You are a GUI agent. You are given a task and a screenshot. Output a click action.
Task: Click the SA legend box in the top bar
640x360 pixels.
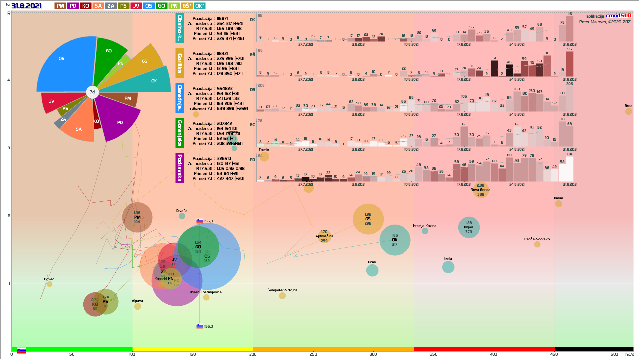[98, 6]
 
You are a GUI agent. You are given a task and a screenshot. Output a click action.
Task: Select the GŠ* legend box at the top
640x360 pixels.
[187, 6]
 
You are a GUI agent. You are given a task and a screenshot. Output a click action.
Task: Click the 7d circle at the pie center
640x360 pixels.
[92, 92]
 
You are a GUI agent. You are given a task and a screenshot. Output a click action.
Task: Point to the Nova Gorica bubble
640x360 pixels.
[481, 190]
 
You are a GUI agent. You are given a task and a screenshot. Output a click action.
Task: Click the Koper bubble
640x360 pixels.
[469, 227]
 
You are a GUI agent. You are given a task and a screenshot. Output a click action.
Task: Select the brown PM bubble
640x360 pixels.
[137, 217]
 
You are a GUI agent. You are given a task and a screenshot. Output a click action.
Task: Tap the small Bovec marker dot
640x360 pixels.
[50, 284]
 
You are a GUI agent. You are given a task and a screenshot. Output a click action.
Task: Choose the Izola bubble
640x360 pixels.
[448, 267]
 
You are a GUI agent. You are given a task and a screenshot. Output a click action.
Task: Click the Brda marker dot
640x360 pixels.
[628, 111]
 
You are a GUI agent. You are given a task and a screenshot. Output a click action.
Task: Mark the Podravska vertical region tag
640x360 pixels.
[180, 168]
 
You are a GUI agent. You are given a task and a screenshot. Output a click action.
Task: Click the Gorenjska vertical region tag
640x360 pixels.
[180, 133]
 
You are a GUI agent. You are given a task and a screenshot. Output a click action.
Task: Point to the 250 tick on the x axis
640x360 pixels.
[313, 354]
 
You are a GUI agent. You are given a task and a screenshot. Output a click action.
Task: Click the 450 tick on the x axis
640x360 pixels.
[554, 354]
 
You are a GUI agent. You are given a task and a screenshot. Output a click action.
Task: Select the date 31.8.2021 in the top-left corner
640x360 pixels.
[26, 6]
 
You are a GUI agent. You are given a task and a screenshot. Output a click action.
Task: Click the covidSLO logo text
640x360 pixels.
[618, 16]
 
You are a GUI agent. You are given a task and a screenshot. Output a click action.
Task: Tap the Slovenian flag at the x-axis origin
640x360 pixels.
[21, 350]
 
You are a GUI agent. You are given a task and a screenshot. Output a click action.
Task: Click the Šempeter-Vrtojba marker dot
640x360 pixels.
[282, 296]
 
